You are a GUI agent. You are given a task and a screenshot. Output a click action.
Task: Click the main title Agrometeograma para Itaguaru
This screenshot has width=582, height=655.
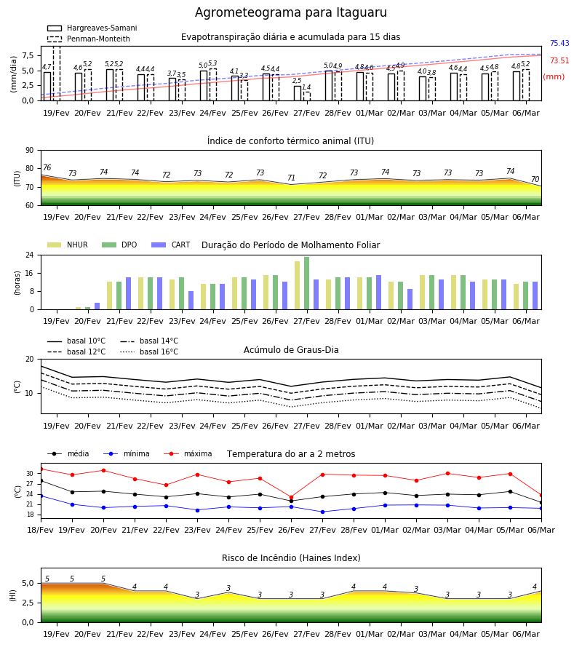pyautogui.click(x=290, y=12)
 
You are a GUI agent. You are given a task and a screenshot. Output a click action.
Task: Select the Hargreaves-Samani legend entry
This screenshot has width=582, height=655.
pyautogui.click(x=92, y=28)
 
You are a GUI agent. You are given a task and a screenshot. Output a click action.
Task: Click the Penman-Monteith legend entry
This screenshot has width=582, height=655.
pyautogui.click(x=89, y=39)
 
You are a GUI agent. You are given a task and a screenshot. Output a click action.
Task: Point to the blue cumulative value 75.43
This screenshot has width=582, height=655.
pyautogui.click(x=559, y=43)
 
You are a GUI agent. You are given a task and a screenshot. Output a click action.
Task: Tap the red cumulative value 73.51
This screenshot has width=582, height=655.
pyautogui.click(x=559, y=60)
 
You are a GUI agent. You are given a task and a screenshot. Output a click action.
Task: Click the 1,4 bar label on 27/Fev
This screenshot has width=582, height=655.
pyautogui.click(x=306, y=87)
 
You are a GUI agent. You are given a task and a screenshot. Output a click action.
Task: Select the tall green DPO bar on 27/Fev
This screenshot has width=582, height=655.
pyautogui.click(x=307, y=283)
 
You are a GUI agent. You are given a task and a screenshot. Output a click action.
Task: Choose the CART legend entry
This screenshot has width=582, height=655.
pyautogui.click(x=170, y=245)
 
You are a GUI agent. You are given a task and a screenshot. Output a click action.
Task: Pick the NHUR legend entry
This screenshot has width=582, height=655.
pyautogui.click(x=68, y=245)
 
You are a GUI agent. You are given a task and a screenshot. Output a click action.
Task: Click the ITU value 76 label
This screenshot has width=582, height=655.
pyautogui.click(x=47, y=167)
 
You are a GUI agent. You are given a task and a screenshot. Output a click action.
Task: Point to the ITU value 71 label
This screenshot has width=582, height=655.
pyautogui.click(x=292, y=178)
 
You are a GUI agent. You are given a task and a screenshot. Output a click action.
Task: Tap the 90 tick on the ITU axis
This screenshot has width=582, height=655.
pyautogui.click(x=30, y=151)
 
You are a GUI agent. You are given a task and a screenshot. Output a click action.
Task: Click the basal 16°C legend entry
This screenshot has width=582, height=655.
pyautogui.click(x=149, y=352)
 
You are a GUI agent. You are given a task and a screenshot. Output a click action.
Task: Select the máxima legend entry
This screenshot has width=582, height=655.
pyautogui.click(x=188, y=453)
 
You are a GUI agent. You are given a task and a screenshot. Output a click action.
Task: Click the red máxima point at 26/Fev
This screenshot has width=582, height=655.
pyautogui.click(x=292, y=498)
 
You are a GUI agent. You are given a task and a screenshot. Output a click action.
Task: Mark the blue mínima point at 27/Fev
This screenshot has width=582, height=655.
pyautogui.click(x=323, y=512)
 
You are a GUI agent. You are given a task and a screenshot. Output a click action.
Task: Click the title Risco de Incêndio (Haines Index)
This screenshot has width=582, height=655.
pyautogui.click(x=291, y=558)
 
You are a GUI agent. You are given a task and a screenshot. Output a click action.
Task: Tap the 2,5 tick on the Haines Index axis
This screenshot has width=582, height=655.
pyautogui.click(x=28, y=603)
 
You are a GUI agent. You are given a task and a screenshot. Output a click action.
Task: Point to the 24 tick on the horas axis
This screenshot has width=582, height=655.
pyautogui.click(x=30, y=255)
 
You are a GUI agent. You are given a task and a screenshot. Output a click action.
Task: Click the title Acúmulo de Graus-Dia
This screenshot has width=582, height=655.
pyautogui.click(x=291, y=350)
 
